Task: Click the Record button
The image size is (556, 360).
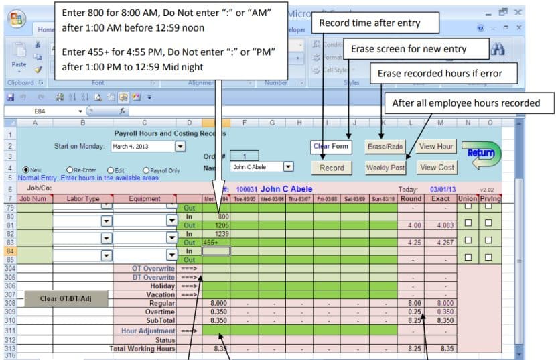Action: point(332,168)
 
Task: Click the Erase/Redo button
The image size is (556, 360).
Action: point(385,146)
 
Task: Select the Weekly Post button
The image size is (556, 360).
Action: point(385,168)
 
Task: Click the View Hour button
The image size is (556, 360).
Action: point(436,146)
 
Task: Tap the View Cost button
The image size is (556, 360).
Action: point(437,168)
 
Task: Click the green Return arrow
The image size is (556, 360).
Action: point(481,154)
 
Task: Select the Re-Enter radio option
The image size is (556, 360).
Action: point(70,170)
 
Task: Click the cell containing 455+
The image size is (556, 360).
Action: point(216,242)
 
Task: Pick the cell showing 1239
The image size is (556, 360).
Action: point(216,233)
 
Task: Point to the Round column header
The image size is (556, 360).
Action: point(410,198)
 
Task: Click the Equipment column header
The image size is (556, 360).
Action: point(145,198)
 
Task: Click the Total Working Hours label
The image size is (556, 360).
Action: point(142,349)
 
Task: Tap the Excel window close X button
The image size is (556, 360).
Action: point(518,12)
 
